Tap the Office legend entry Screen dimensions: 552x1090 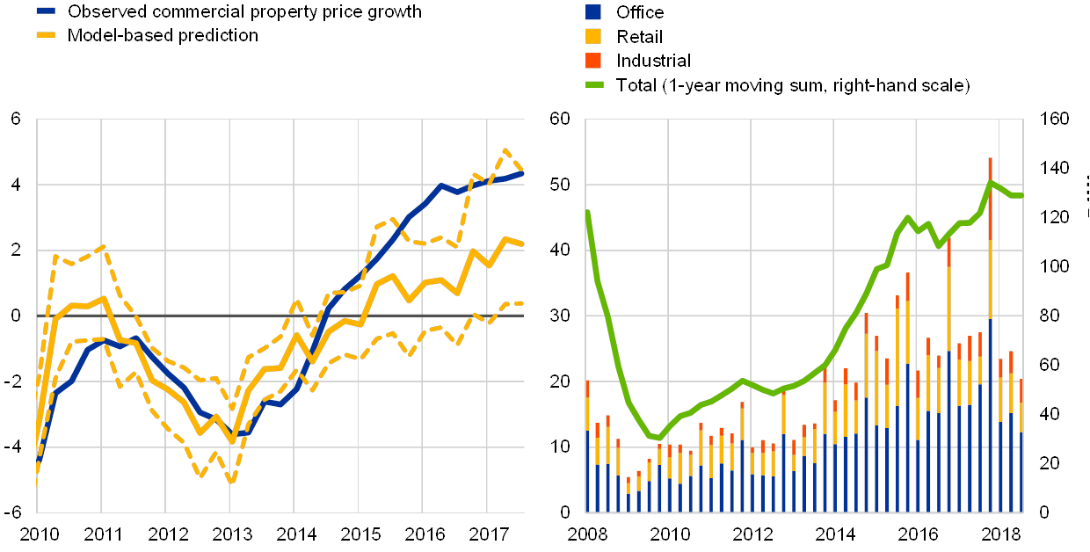(x=593, y=11)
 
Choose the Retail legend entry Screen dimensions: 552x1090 (x=593, y=36)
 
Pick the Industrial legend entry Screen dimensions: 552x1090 (x=593, y=60)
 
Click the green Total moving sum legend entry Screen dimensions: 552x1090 (x=593, y=84)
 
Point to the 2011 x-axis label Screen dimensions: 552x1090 (x=102, y=534)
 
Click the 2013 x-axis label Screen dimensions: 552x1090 (x=230, y=534)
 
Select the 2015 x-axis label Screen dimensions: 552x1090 (x=359, y=534)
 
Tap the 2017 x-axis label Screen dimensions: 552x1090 (x=487, y=534)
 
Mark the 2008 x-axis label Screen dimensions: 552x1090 (x=585, y=534)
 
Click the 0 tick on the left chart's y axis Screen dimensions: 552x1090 (x=16, y=316)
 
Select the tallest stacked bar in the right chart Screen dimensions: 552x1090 (x=990, y=334)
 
